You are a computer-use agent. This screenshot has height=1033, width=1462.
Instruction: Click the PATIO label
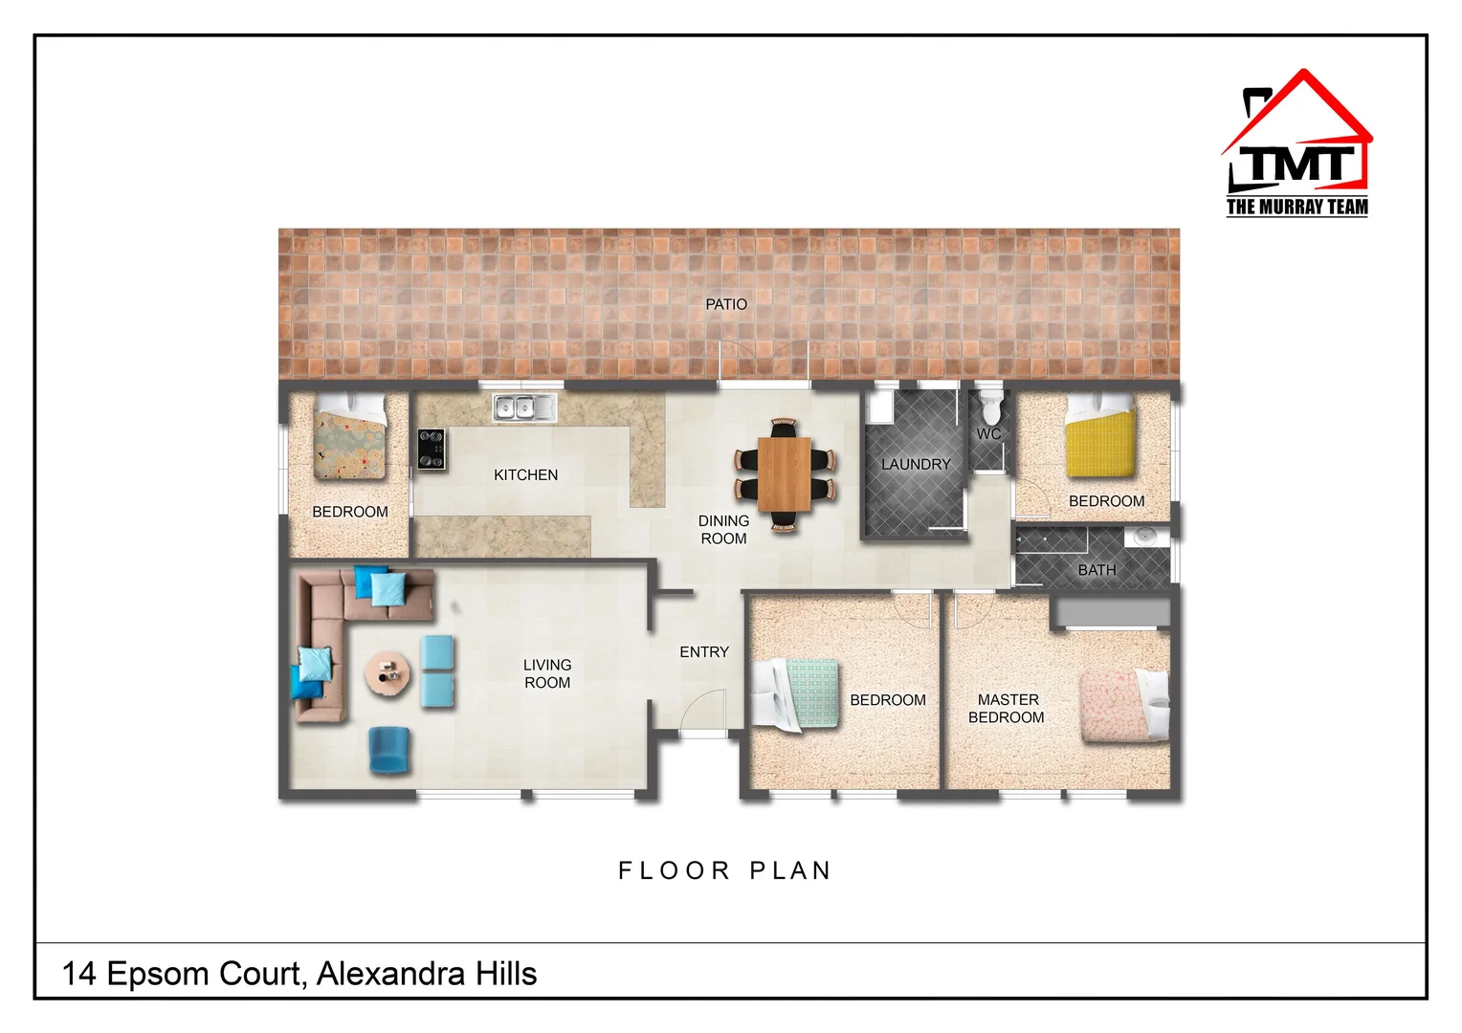(726, 304)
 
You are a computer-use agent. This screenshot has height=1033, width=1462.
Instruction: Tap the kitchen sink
(524, 407)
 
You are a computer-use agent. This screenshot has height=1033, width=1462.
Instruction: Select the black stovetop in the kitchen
(432, 450)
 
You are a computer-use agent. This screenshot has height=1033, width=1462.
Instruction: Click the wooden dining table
(785, 473)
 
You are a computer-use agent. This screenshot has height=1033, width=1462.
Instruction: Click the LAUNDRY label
(916, 465)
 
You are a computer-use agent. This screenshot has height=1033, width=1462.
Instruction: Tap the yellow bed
(1100, 442)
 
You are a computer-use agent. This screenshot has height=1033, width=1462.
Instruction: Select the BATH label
(1096, 570)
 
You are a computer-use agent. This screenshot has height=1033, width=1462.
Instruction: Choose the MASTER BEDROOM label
(1007, 709)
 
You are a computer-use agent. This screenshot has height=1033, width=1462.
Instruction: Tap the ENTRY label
(704, 652)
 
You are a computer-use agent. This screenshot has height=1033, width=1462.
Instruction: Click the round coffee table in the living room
(388, 673)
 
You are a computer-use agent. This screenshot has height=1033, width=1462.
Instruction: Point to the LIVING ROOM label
(547, 673)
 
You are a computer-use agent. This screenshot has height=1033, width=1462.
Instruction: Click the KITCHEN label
(525, 475)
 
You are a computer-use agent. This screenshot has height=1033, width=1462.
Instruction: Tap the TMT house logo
(1297, 143)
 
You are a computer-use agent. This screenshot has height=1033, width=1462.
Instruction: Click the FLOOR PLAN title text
(724, 871)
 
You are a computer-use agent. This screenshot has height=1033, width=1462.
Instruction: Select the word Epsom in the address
(159, 974)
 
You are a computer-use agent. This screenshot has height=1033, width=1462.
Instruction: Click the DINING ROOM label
(723, 530)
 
